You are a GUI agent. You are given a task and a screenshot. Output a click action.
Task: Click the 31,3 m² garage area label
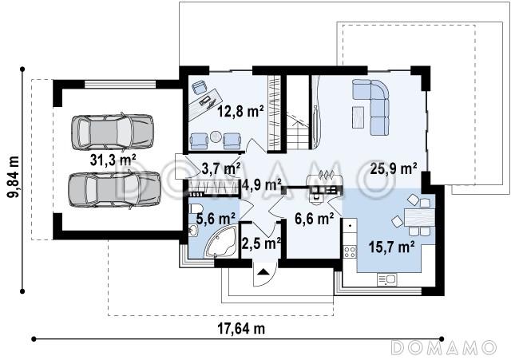[x=113, y=160]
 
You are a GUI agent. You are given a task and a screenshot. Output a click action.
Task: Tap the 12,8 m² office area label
[x=240, y=112]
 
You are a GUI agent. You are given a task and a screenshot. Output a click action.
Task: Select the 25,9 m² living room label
[x=394, y=168]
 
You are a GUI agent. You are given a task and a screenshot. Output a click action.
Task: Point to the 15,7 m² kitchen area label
[x=392, y=247]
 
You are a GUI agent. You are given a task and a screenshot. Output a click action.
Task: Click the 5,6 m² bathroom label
[x=216, y=219]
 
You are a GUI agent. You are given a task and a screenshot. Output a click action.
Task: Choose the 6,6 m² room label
[x=314, y=219]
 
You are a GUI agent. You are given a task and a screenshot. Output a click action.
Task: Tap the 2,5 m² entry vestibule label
[x=261, y=243]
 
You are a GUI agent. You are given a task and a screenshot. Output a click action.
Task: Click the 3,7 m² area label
[x=221, y=168]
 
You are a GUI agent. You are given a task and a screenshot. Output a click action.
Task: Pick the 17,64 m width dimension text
[x=241, y=329]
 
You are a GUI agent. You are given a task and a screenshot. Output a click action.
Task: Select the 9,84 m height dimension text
[x=14, y=177]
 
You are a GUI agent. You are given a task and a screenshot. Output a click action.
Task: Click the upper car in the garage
[x=113, y=132]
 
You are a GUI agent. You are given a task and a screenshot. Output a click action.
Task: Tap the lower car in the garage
[x=114, y=190]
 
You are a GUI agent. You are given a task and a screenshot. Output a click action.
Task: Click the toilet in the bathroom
[x=196, y=208]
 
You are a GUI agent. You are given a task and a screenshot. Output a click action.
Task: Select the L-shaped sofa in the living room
[x=371, y=107]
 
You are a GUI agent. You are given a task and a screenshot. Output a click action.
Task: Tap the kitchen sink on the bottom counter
[x=386, y=279]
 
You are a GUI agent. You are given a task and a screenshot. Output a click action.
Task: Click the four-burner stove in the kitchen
[x=350, y=251]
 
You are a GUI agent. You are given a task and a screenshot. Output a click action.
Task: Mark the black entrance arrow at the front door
[x=263, y=271]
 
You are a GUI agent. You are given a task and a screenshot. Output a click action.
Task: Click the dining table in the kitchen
[x=419, y=217]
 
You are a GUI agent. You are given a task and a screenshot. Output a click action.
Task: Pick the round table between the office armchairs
[x=216, y=136]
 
